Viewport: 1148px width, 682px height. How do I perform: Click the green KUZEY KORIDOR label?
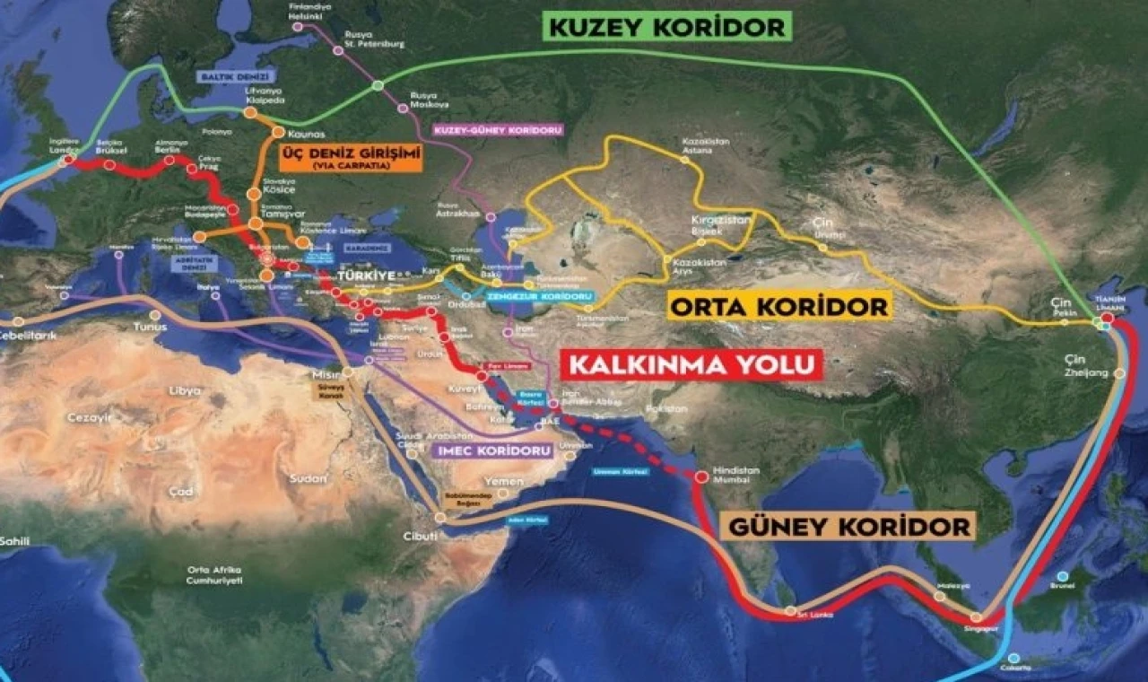tap(667, 26)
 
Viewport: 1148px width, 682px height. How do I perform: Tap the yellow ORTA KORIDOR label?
tap(778, 306)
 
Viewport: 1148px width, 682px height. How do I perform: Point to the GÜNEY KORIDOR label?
tap(847, 527)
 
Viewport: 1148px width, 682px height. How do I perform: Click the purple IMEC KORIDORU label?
tap(490, 450)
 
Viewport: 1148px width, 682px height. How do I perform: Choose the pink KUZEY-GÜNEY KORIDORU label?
tap(498, 130)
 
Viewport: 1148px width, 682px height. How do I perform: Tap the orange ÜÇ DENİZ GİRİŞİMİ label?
tap(351, 157)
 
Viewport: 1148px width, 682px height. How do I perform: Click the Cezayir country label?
tap(87, 418)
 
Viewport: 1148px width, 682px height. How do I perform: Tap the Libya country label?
tap(185, 391)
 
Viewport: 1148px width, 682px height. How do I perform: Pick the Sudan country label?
tap(309, 478)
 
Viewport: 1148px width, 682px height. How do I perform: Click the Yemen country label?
tap(502, 482)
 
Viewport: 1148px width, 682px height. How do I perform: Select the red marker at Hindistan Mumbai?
tap(701, 477)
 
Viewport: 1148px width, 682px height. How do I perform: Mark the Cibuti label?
tap(420, 536)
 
